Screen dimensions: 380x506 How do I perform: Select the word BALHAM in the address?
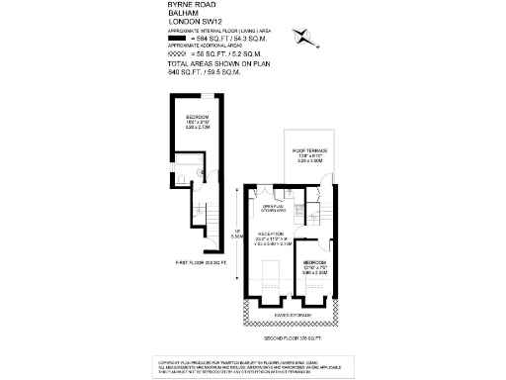183,14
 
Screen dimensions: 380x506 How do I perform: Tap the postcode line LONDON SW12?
195,23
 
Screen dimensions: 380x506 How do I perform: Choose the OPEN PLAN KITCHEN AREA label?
273,209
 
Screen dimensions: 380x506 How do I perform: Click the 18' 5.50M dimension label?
235,234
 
